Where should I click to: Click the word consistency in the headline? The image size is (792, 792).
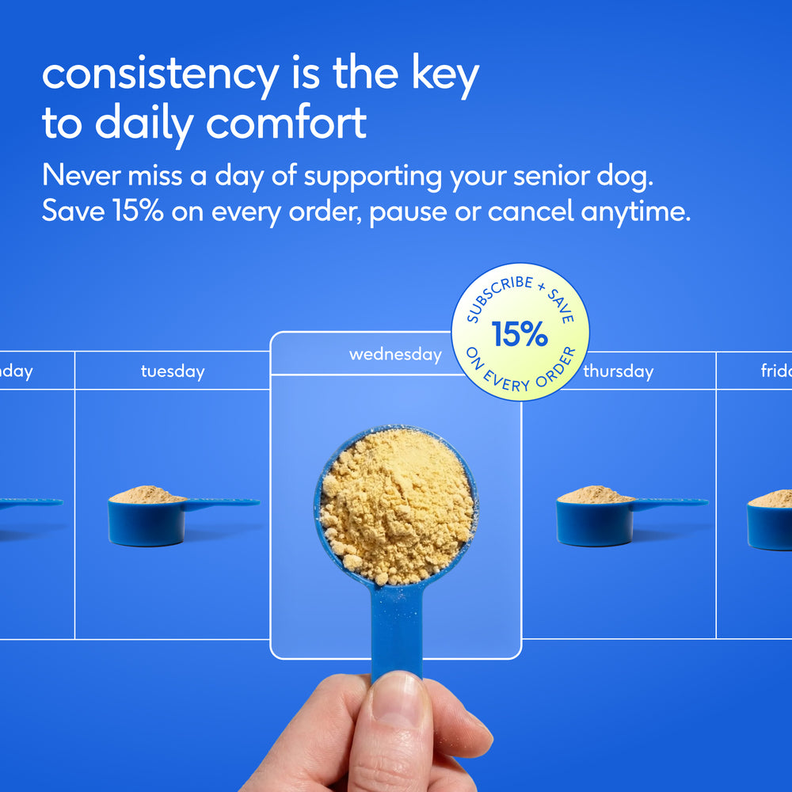[x=160, y=75]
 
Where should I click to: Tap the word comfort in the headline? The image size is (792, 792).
[x=286, y=123]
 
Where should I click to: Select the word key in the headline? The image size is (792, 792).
[x=445, y=75]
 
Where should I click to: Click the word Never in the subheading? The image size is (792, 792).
[x=82, y=175]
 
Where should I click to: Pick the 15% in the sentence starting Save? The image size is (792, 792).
[x=138, y=211]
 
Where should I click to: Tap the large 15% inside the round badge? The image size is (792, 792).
[x=520, y=334]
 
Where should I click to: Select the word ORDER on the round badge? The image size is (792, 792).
[x=558, y=367]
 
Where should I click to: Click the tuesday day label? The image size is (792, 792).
[x=173, y=371]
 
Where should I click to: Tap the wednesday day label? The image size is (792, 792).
[x=395, y=355]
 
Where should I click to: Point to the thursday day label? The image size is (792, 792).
[x=619, y=371]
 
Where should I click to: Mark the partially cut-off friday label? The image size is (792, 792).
[x=776, y=371]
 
